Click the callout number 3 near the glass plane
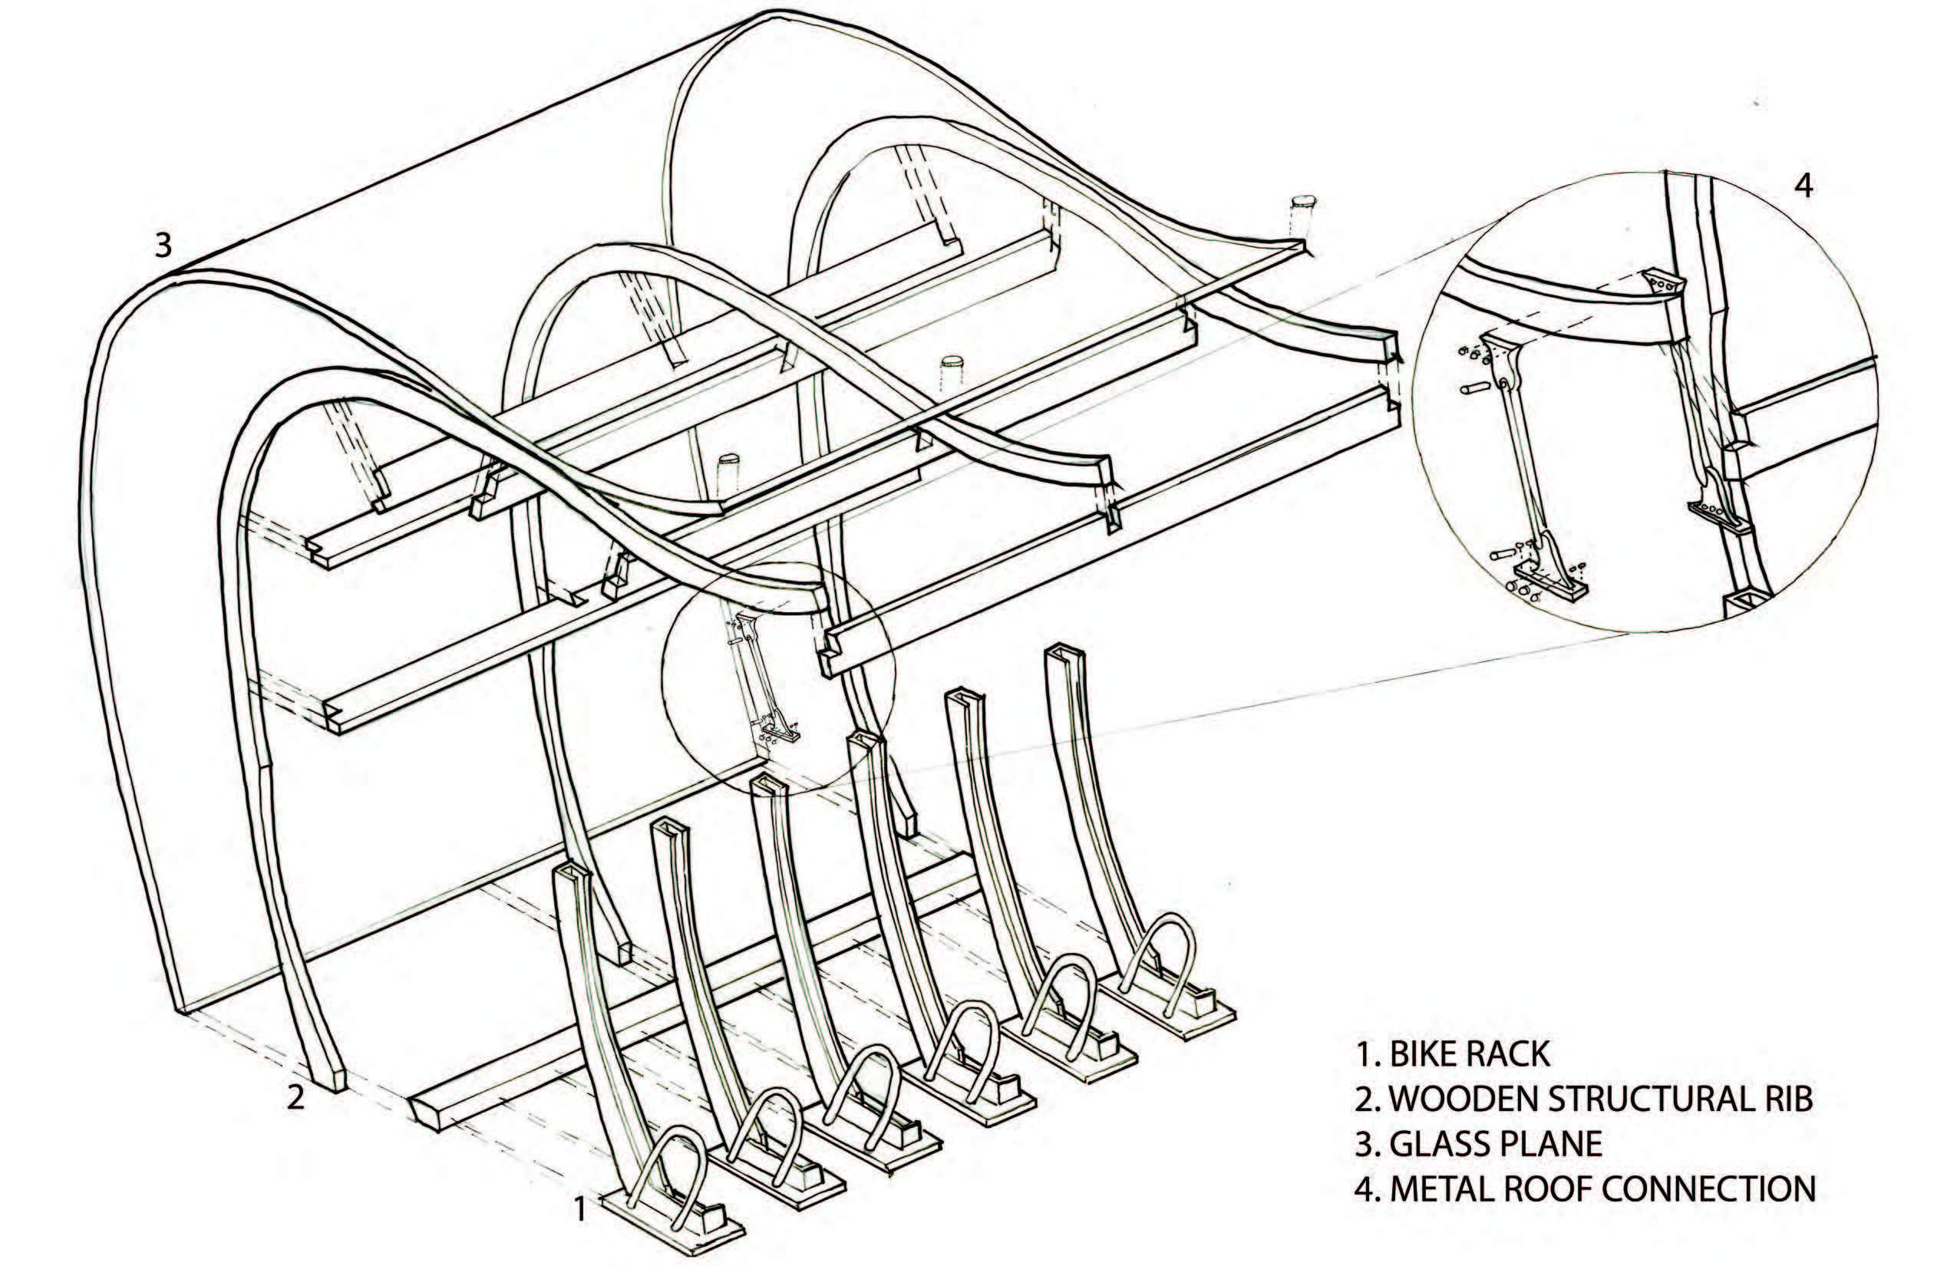(163, 244)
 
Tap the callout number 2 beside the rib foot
(295, 1096)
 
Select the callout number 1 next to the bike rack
(579, 1208)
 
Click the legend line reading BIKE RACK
(1452, 1054)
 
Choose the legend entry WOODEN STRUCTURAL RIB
(1582, 1099)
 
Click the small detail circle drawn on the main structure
(778, 676)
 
